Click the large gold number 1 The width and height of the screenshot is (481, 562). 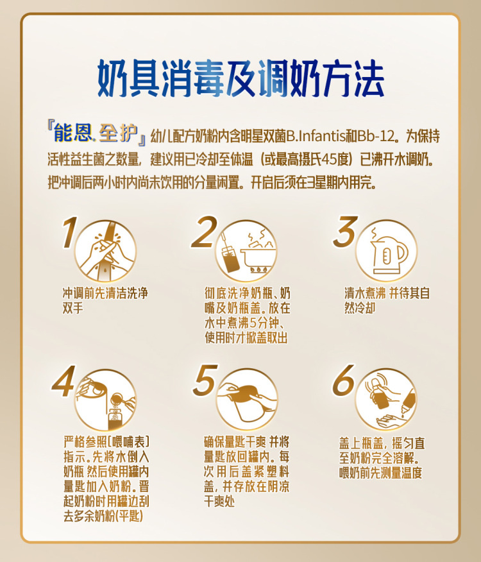click(x=69, y=232)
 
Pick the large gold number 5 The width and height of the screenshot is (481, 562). click(x=205, y=380)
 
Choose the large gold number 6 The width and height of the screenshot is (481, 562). click(x=344, y=380)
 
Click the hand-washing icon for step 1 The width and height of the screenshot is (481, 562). click(x=105, y=251)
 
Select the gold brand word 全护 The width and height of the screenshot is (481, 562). click(x=118, y=133)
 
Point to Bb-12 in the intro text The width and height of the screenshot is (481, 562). click(x=376, y=137)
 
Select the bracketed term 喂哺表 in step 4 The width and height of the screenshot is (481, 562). click(x=128, y=441)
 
